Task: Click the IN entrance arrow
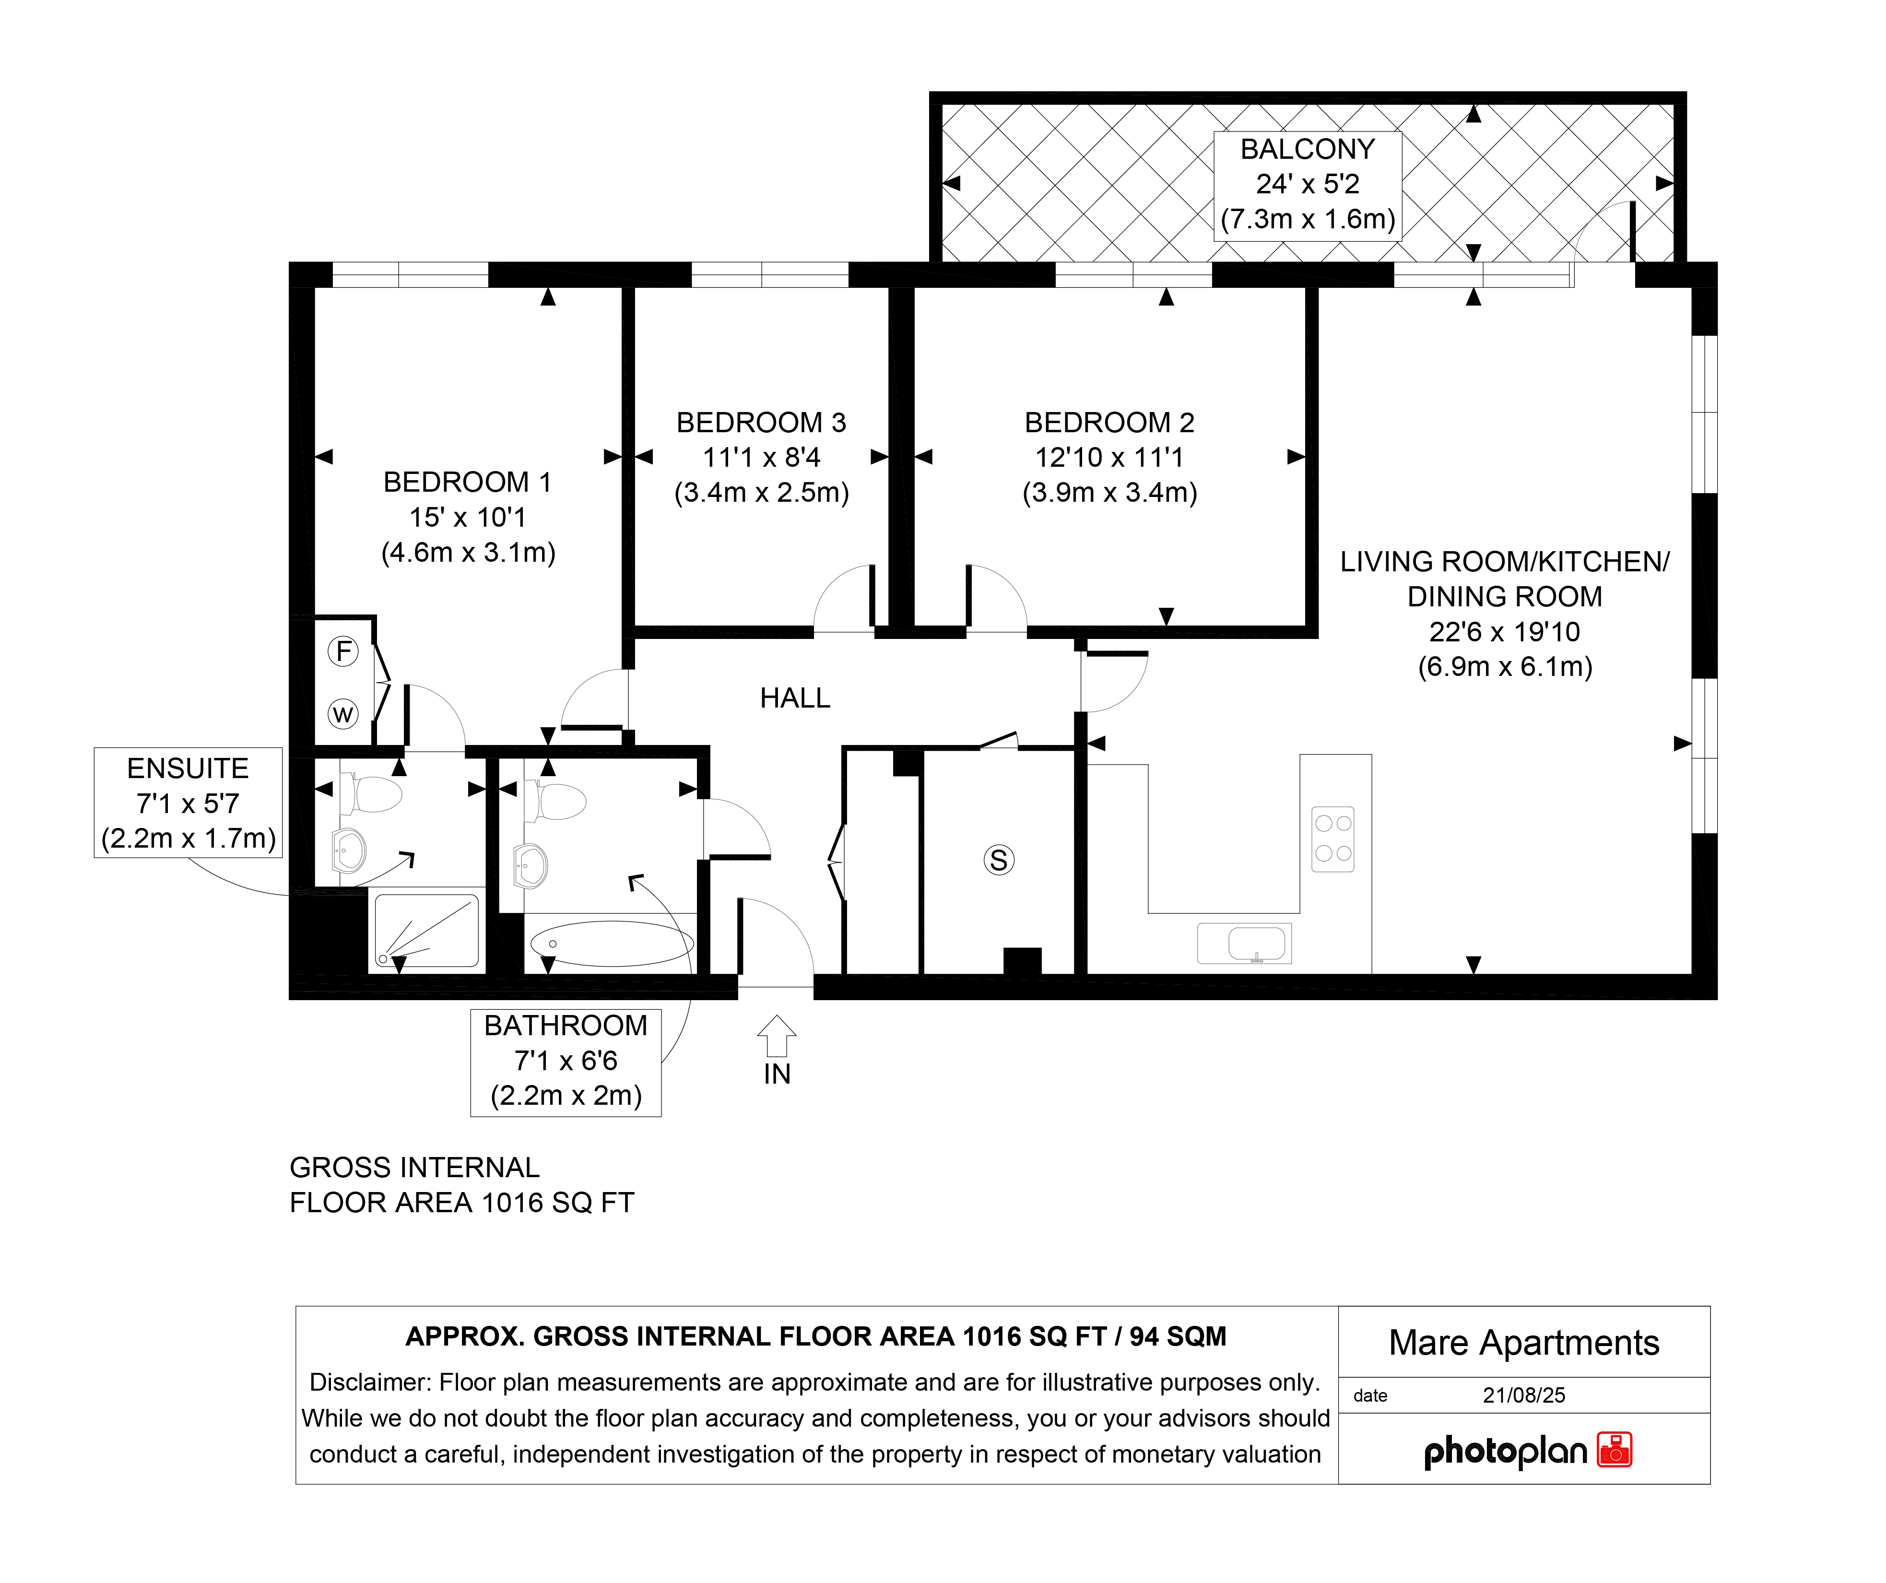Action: point(777,1036)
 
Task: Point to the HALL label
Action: point(795,698)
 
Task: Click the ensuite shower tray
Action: point(426,931)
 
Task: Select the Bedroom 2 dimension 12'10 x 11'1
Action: point(1110,457)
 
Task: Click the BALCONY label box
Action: point(1308,185)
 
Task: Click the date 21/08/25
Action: point(1524,1395)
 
